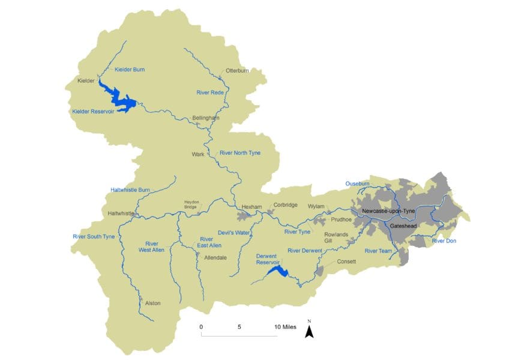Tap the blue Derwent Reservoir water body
click(278, 272)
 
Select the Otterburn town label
click(237, 70)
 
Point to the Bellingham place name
click(206, 118)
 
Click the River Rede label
click(210, 92)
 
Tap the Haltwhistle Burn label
click(130, 190)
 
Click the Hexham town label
click(252, 207)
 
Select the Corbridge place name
click(285, 205)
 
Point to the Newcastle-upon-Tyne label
click(393, 211)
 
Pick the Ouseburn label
click(358, 184)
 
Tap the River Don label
click(445, 241)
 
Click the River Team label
click(379, 250)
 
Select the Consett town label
click(347, 262)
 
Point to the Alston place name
click(153, 303)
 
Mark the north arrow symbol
click(309, 331)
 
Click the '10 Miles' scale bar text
click(285, 327)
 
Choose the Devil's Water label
click(233, 232)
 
